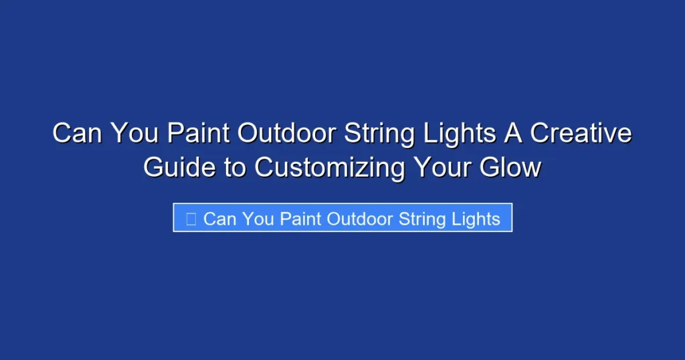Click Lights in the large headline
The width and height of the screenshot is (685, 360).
tap(456, 134)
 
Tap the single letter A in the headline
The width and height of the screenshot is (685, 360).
tap(509, 134)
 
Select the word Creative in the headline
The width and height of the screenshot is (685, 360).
tap(580, 134)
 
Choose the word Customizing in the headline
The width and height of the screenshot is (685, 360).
tap(328, 167)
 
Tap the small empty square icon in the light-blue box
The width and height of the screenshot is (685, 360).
tap(191, 219)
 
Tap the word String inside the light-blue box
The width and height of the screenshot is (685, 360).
tap(422, 219)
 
